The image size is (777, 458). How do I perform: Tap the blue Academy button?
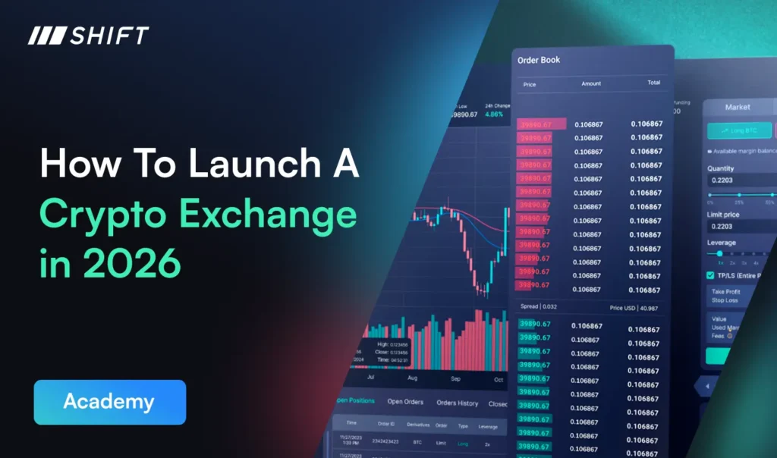pyautogui.click(x=109, y=402)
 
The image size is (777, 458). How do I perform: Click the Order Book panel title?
pyautogui.click(x=539, y=60)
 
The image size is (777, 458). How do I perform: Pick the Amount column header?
pyautogui.click(x=591, y=84)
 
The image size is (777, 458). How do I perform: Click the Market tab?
pyautogui.click(x=737, y=108)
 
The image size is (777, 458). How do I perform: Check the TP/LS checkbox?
pyautogui.click(x=710, y=275)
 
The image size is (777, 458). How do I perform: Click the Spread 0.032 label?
pyautogui.click(x=537, y=307)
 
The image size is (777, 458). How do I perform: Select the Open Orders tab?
pyautogui.click(x=405, y=402)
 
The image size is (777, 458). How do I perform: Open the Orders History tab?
pyautogui.click(x=458, y=403)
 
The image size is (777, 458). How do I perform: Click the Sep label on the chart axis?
pyautogui.click(x=456, y=378)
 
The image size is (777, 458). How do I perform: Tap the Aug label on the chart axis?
pyautogui.click(x=413, y=377)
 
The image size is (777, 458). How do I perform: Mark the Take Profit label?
pyautogui.click(x=727, y=291)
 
